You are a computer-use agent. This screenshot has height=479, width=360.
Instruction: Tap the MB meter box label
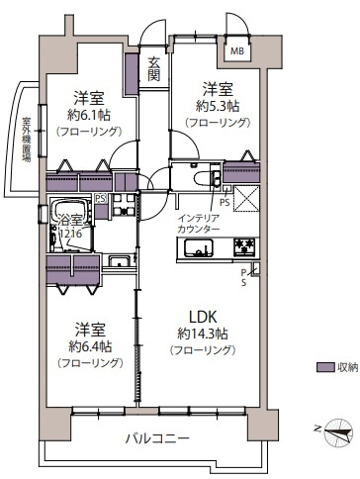(x=237, y=50)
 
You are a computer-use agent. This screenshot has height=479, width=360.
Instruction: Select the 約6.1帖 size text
(x=88, y=114)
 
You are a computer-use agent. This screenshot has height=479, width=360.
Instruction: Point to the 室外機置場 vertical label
(x=27, y=140)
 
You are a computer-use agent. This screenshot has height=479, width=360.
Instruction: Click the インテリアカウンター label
(x=199, y=223)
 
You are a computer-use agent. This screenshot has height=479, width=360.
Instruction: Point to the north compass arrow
(x=336, y=429)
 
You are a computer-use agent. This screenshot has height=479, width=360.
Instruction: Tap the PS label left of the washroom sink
(x=101, y=199)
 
